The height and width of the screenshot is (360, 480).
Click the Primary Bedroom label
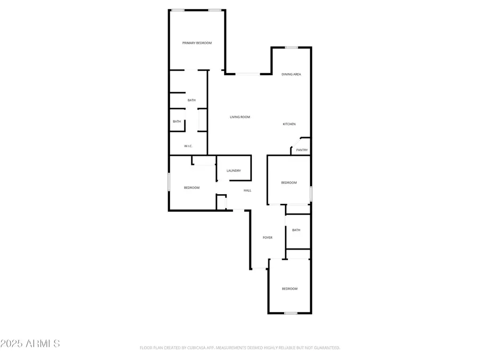197,43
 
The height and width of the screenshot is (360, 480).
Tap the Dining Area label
291,74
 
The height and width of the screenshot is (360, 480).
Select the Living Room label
240,117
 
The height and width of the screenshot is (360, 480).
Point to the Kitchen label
289,124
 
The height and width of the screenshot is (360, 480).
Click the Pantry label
302,150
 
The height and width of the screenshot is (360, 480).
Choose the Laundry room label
234,171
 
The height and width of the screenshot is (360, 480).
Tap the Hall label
247,190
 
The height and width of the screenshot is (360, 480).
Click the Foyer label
268,237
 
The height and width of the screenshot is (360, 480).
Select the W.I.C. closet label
188,146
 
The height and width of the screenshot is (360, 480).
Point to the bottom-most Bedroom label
290,289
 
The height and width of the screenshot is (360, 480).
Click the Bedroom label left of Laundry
191,188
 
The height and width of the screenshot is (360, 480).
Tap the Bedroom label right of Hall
289,183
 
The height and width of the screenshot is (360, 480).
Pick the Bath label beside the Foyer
296,230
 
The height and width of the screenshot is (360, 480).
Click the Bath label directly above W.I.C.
177,122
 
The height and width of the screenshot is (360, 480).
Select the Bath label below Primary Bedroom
191,100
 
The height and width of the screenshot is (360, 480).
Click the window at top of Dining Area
291,47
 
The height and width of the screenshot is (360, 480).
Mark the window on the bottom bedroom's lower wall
290,313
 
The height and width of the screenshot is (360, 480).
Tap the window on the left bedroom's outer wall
169,182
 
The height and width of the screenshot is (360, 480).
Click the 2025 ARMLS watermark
30,343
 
